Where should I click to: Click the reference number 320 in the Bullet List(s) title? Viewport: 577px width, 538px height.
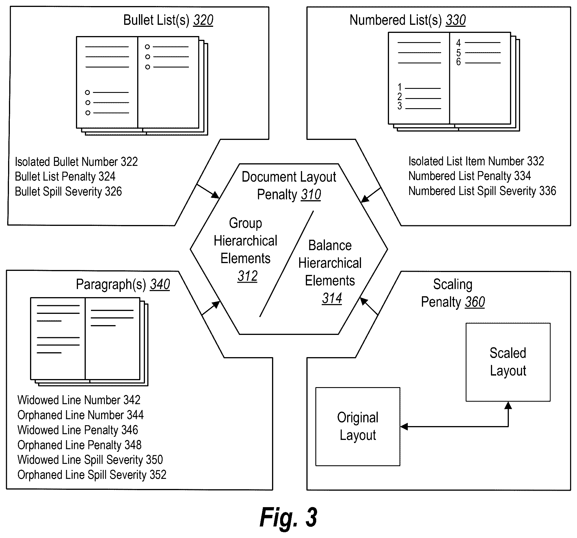tap(203, 20)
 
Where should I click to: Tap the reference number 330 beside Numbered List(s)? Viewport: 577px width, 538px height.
tap(456, 20)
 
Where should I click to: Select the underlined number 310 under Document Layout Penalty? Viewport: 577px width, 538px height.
tap(311, 194)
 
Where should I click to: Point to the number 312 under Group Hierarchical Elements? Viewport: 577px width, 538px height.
tap(247, 276)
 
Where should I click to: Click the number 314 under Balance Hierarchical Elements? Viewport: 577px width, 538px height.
tap(332, 298)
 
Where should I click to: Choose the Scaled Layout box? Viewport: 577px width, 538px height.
tap(508, 362)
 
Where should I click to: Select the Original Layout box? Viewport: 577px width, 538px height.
tap(358, 427)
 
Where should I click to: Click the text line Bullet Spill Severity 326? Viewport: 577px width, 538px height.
tap(68, 192)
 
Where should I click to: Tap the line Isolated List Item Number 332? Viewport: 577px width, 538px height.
tap(476, 161)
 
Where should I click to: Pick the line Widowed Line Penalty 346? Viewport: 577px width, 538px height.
tap(78, 430)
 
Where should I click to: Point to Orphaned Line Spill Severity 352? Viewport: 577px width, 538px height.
tap(92, 475)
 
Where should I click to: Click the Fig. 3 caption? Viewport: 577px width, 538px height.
tap(288, 518)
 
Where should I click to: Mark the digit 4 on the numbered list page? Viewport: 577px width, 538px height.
tap(458, 43)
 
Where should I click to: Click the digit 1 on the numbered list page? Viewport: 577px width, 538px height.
tap(400, 87)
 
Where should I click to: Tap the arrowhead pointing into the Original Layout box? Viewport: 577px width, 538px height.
tap(404, 426)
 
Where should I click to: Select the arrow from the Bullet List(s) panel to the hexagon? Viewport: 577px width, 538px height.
tap(208, 191)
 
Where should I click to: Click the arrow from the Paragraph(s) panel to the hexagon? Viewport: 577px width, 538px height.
tap(211, 308)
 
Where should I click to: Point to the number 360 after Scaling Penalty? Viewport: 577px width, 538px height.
tap(475, 302)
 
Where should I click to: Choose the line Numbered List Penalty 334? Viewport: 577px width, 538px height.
tap(470, 176)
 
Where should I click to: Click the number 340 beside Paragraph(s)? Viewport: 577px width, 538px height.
tap(160, 284)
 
